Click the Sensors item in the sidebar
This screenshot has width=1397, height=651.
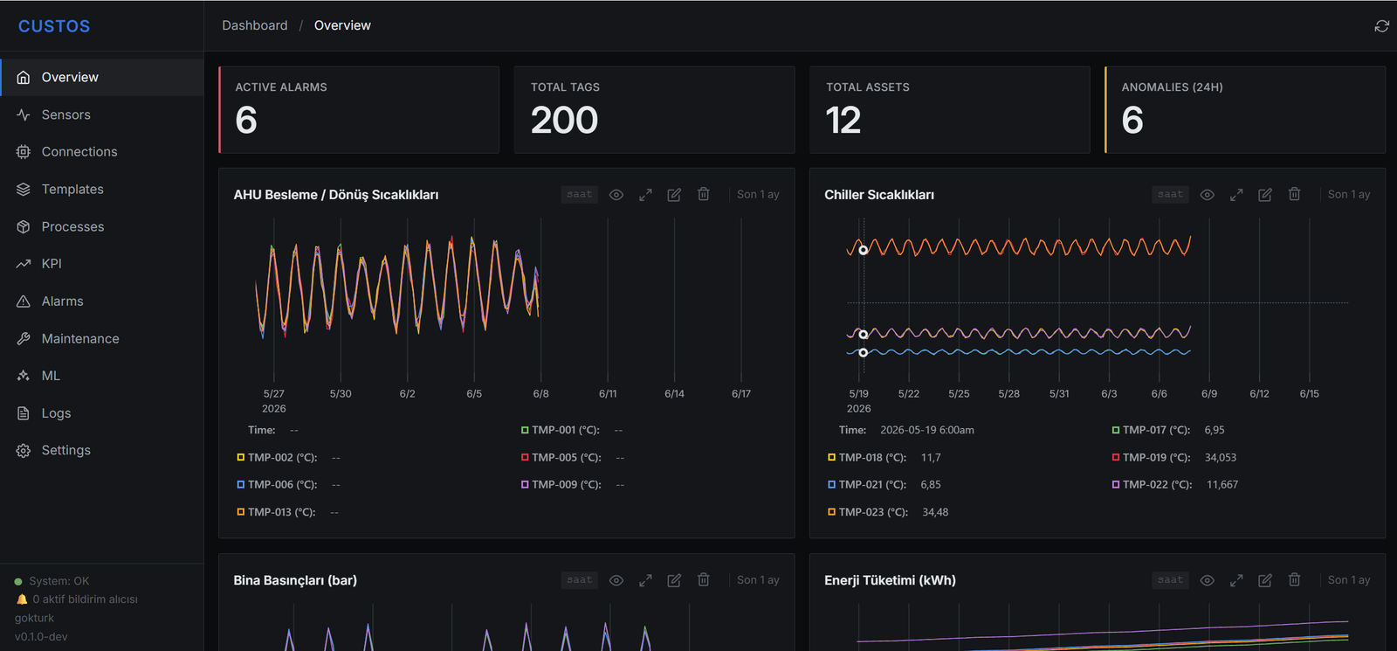(65, 114)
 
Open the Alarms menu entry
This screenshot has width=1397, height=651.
(62, 301)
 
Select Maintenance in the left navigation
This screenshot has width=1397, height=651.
(79, 339)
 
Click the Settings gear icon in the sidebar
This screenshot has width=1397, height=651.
(23, 451)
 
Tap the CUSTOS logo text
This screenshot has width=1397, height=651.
(54, 26)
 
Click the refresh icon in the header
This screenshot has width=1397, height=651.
(1381, 25)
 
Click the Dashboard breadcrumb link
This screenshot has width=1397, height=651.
(254, 25)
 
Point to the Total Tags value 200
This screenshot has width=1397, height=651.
(564, 120)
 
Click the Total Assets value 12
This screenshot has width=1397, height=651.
(843, 120)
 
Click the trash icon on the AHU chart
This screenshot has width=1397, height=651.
(704, 194)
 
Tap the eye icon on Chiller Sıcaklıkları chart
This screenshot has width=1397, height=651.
(1207, 195)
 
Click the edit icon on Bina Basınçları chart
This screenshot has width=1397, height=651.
(674, 580)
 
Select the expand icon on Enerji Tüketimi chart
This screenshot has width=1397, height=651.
(1236, 580)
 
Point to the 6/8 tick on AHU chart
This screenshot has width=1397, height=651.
(540, 394)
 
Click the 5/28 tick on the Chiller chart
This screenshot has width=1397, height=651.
(1008, 394)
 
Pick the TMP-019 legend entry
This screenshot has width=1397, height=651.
(1151, 458)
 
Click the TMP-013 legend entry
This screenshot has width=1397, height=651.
(276, 512)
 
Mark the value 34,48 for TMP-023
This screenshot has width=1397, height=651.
(935, 512)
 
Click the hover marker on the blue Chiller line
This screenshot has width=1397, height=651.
(864, 353)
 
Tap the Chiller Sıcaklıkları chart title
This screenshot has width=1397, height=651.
(878, 195)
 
